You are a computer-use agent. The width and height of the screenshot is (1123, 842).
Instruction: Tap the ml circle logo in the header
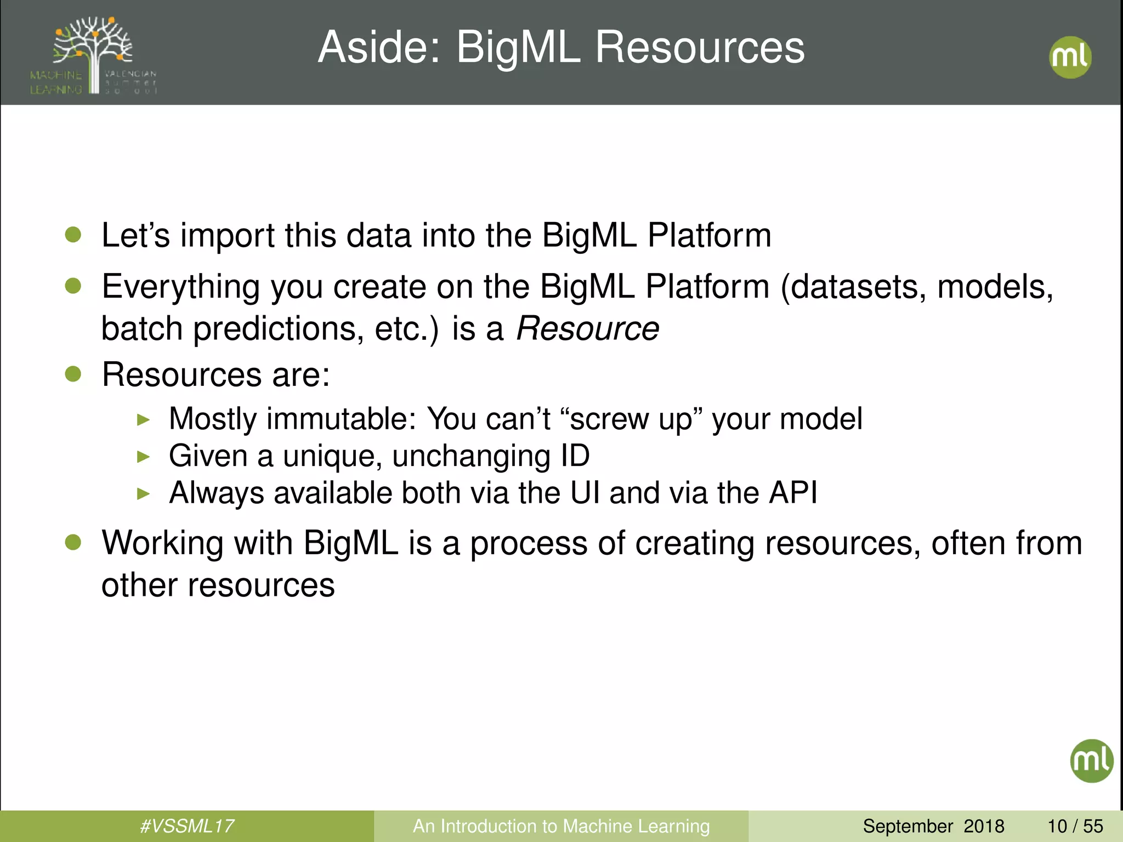[1070, 57]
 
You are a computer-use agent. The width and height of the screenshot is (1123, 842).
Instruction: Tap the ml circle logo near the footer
[1091, 760]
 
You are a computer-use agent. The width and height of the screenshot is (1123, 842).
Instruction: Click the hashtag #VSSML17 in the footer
[187, 826]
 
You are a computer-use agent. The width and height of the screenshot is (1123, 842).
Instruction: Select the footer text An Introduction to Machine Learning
[561, 826]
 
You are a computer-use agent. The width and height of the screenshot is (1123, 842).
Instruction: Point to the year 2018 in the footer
[984, 826]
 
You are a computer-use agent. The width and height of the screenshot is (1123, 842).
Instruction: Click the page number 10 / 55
[1075, 826]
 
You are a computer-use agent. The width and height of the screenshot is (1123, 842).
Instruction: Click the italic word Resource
[587, 329]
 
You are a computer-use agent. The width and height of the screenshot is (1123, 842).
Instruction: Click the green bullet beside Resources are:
[73, 374]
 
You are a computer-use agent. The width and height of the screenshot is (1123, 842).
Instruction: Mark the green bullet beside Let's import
[73, 235]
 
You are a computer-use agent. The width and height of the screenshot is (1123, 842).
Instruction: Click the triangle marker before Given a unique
[143, 457]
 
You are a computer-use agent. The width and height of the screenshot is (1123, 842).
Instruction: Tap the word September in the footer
[908, 826]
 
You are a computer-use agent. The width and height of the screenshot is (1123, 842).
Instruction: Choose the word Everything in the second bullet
[180, 287]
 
